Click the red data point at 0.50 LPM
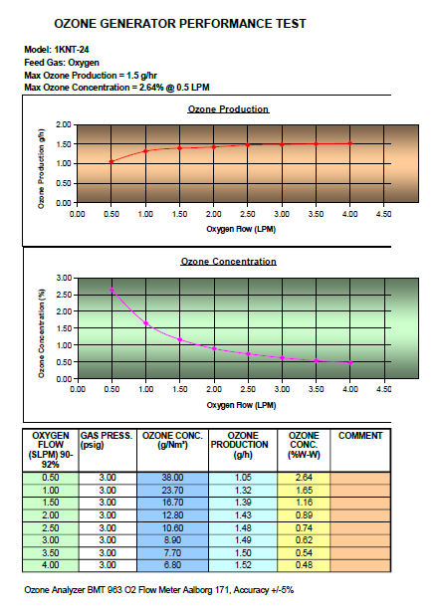coord(111,161)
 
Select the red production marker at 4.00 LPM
coord(350,143)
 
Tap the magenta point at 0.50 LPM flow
coord(112,290)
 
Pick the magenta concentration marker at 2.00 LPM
coord(214,348)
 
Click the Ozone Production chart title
coord(229,109)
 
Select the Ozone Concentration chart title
coord(229,262)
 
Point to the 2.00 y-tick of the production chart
coord(64,125)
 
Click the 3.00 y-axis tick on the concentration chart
coord(65,278)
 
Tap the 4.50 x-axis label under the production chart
coord(383,214)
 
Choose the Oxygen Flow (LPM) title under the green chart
coord(241,405)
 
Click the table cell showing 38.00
coord(172,478)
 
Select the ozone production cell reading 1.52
coord(243,565)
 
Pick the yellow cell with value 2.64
coord(304,478)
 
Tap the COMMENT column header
coord(360,436)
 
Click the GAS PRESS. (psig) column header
coord(106,440)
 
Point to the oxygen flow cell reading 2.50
coord(51,527)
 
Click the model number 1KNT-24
coord(72,50)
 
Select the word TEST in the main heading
coord(291,24)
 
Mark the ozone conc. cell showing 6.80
coord(172,565)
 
